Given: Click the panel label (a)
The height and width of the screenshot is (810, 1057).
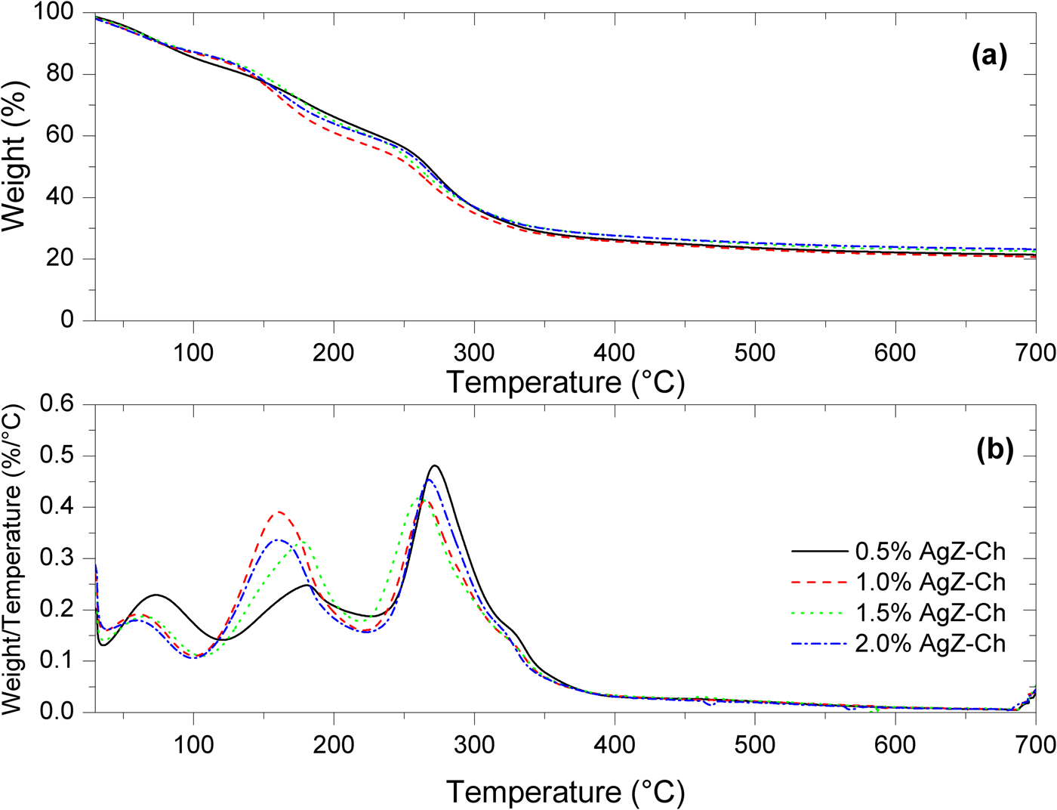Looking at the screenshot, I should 989,56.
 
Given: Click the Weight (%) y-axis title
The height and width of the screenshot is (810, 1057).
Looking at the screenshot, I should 15,155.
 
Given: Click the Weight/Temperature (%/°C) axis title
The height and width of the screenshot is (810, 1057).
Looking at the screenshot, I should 14,559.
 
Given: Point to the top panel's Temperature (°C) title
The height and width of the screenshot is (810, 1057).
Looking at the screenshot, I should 565,382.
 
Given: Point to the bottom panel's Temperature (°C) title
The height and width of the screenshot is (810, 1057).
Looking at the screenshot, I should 565,792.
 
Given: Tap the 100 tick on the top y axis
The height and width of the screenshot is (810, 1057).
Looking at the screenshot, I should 54,13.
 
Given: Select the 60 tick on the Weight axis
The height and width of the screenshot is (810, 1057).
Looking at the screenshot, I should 60,136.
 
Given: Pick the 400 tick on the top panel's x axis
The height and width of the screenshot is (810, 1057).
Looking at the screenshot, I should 614,352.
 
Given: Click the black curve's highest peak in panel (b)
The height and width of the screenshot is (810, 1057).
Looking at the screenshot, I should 435,465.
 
